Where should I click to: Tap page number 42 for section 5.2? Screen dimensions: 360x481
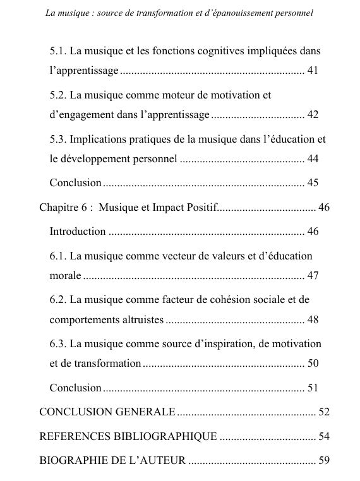pos(313,114)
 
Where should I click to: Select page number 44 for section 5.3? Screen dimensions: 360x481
pos(313,159)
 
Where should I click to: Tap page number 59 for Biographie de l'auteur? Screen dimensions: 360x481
pos(324,460)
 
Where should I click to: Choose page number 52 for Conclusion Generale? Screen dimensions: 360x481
pos(324,412)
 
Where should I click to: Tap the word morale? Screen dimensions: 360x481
pos(65,276)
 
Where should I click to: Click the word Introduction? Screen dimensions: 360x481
pos(77,231)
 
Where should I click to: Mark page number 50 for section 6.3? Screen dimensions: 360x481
pos(313,364)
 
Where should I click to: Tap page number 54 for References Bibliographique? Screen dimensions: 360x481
pos(324,436)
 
